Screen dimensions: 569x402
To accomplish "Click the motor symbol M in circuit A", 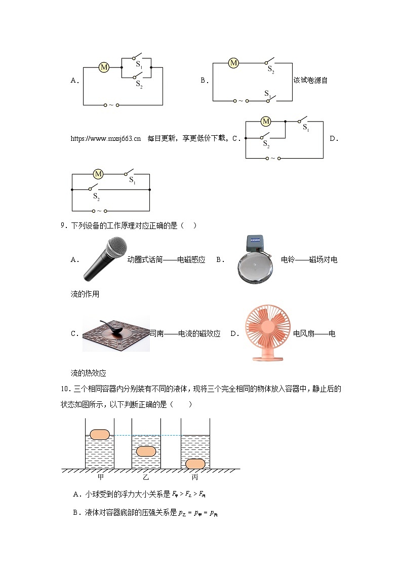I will click(x=104, y=67).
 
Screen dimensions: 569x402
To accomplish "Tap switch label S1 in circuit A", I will click(x=139, y=65).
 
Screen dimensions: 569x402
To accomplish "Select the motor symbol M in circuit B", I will click(x=233, y=63).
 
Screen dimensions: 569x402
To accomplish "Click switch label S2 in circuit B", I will click(x=271, y=70).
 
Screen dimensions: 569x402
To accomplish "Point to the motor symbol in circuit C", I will click(x=266, y=121).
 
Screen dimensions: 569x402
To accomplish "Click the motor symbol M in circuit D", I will click(x=98, y=174).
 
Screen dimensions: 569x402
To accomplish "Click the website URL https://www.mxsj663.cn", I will click(x=106, y=138).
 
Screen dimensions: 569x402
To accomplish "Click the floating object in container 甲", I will click(x=100, y=434).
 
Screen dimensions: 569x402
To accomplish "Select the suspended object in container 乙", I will click(x=146, y=451).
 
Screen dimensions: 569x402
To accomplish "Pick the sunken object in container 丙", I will click(x=195, y=463).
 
